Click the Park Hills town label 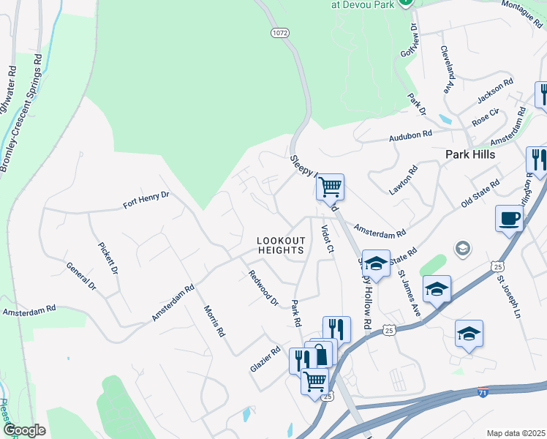470,154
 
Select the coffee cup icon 509,217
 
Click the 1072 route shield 279,33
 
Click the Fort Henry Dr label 146,200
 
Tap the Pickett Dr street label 107,252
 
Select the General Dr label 80,276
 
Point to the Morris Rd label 214,320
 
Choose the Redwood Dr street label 263,288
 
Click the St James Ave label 410,294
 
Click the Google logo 25,430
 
